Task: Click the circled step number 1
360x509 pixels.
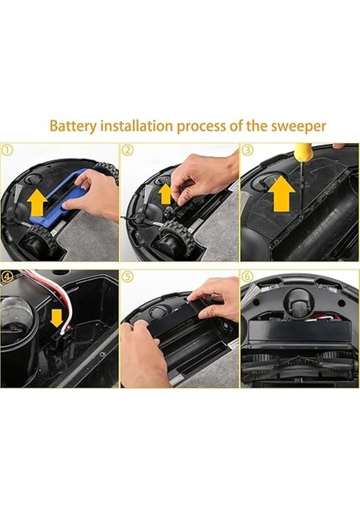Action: pyautogui.click(x=8, y=150)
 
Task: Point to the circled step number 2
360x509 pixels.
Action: pyautogui.click(x=127, y=150)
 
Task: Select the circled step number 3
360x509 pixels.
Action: pyautogui.click(x=248, y=150)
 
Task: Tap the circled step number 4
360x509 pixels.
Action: pyautogui.click(x=8, y=277)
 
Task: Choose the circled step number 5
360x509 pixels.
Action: pyautogui.click(x=127, y=277)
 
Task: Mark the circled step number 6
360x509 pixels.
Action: pyautogui.click(x=248, y=277)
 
